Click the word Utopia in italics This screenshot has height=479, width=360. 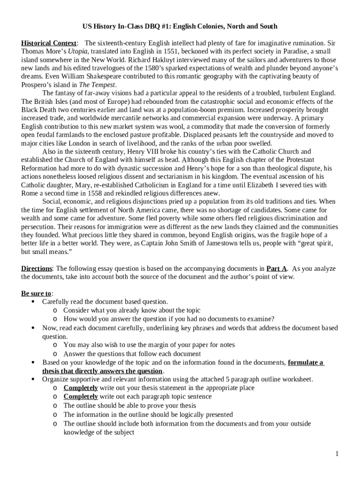(78, 51)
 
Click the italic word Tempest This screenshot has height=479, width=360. (104, 85)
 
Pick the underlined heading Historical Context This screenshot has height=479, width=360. (49, 43)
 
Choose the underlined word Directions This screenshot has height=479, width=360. (37, 269)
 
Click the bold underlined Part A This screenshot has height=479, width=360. (276, 269)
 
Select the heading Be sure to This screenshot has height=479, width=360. (36, 293)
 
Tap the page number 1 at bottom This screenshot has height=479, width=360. (337, 454)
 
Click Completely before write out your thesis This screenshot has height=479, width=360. (80, 388)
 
